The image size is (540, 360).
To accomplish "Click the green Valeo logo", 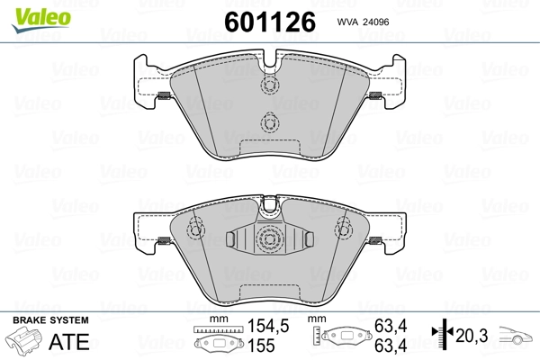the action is point(41,20).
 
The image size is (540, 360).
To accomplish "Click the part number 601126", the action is point(270,22).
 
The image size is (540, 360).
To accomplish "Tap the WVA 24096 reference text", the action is point(363,22).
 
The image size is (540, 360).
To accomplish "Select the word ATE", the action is point(69,342).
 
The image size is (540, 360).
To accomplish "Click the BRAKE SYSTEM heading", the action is point(50,320).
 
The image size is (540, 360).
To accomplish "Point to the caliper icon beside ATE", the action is point(23,340).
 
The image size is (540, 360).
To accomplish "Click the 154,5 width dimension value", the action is point(268,326).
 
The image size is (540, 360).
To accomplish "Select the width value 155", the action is point(261,346).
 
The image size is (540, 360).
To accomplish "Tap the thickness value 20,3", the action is point(472,336).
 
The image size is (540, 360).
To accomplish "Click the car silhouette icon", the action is point(516,335).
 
